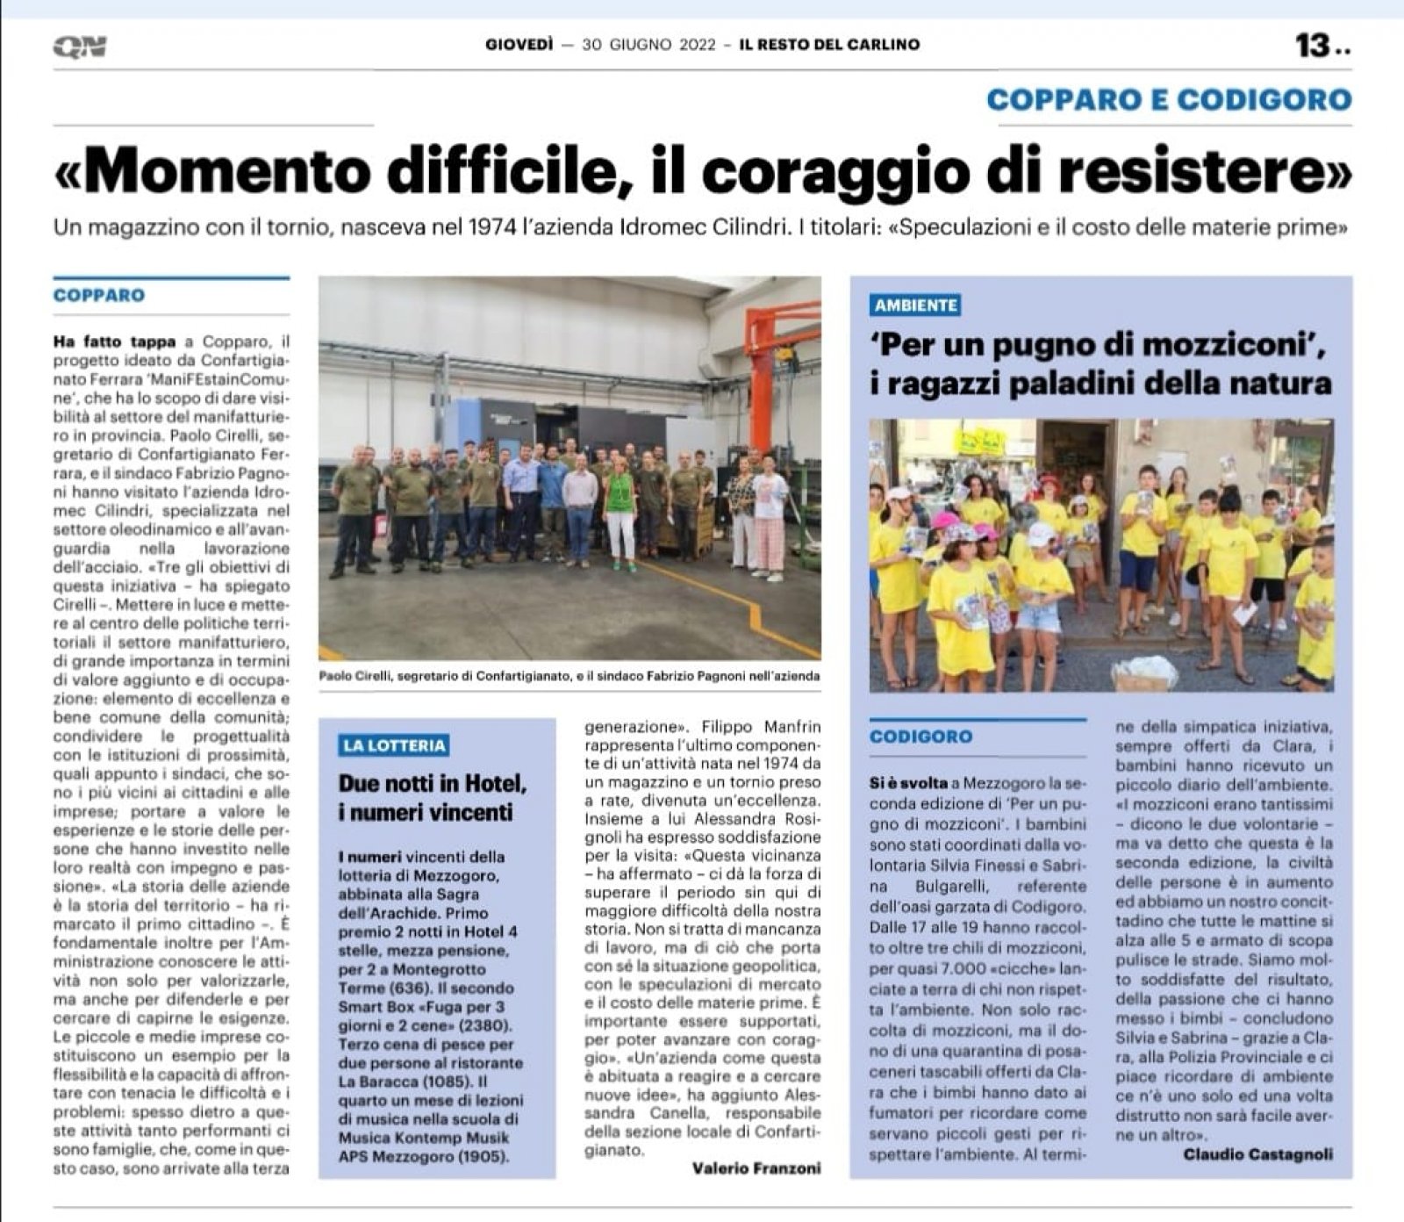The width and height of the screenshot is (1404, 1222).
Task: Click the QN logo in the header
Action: click(x=79, y=47)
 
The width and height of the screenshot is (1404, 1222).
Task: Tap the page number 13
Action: click(x=1314, y=46)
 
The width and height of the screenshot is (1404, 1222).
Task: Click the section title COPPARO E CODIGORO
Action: click(x=1169, y=99)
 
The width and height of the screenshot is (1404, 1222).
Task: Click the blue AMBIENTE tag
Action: click(x=915, y=305)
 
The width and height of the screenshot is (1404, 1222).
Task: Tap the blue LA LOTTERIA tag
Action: click(x=395, y=745)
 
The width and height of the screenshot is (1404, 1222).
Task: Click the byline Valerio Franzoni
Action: click(x=756, y=1168)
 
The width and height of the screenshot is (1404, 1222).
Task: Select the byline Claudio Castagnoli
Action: click(x=1257, y=1154)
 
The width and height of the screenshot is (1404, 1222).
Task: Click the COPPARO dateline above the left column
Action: click(x=98, y=295)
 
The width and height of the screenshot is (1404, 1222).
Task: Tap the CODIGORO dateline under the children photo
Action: click(x=920, y=737)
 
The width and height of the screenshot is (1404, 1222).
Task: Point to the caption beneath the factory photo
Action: click(x=569, y=676)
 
